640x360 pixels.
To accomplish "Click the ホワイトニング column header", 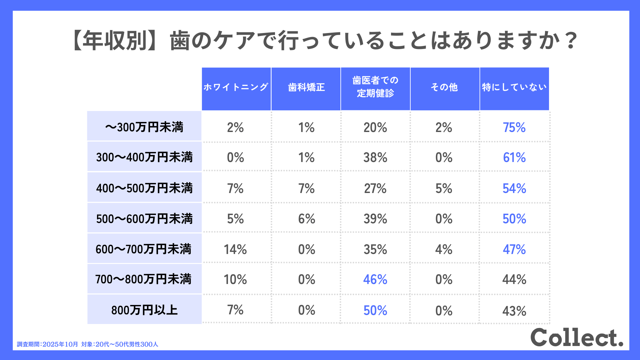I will [236, 88].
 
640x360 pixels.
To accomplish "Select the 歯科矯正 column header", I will [306, 88].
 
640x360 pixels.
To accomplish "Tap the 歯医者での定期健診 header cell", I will [375, 87].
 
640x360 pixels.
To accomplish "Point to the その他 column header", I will [444, 88].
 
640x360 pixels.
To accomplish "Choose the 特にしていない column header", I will [514, 88].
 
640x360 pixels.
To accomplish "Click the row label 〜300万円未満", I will [144, 127].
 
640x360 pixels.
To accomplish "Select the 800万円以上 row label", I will [144, 310].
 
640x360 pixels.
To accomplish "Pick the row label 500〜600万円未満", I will [144, 219].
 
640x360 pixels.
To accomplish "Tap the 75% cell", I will [514, 128].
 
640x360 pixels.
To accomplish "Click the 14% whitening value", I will [235, 249].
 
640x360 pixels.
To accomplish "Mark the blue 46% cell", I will [375, 280].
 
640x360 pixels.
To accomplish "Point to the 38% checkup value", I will [375, 158].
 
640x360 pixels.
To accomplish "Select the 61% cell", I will [514, 158].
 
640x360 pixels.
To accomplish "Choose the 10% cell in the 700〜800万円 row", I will [235, 280].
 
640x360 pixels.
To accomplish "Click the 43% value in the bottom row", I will [514, 311].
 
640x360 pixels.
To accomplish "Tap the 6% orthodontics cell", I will [306, 219].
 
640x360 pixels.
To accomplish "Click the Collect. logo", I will [577, 337].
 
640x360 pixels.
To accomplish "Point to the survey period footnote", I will [88, 344].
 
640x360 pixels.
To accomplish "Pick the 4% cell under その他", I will [444, 249].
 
